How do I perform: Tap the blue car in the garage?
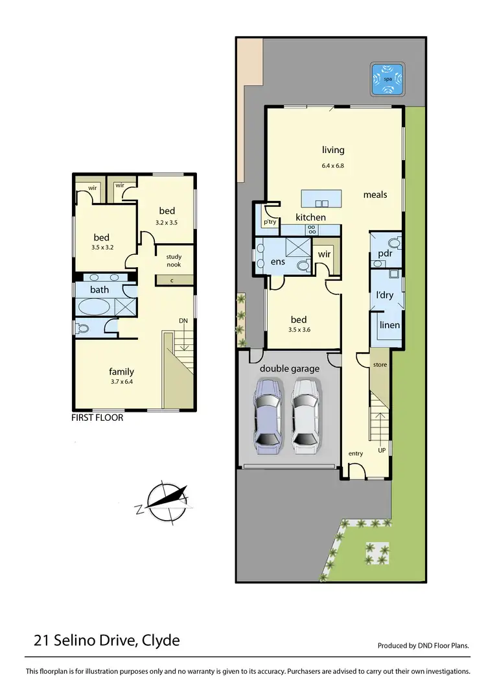click(267, 415)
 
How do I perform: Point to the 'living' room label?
click(333, 150)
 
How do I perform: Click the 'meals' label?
click(375, 195)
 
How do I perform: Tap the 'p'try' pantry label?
click(270, 222)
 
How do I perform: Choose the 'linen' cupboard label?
click(389, 325)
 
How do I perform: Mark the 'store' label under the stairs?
click(380, 364)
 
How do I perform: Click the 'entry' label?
click(356, 454)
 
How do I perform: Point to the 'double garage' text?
click(290, 369)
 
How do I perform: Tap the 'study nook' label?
click(174, 261)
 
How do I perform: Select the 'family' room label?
click(121, 372)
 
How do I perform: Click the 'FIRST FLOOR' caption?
click(97, 418)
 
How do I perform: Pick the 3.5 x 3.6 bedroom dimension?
click(299, 330)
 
